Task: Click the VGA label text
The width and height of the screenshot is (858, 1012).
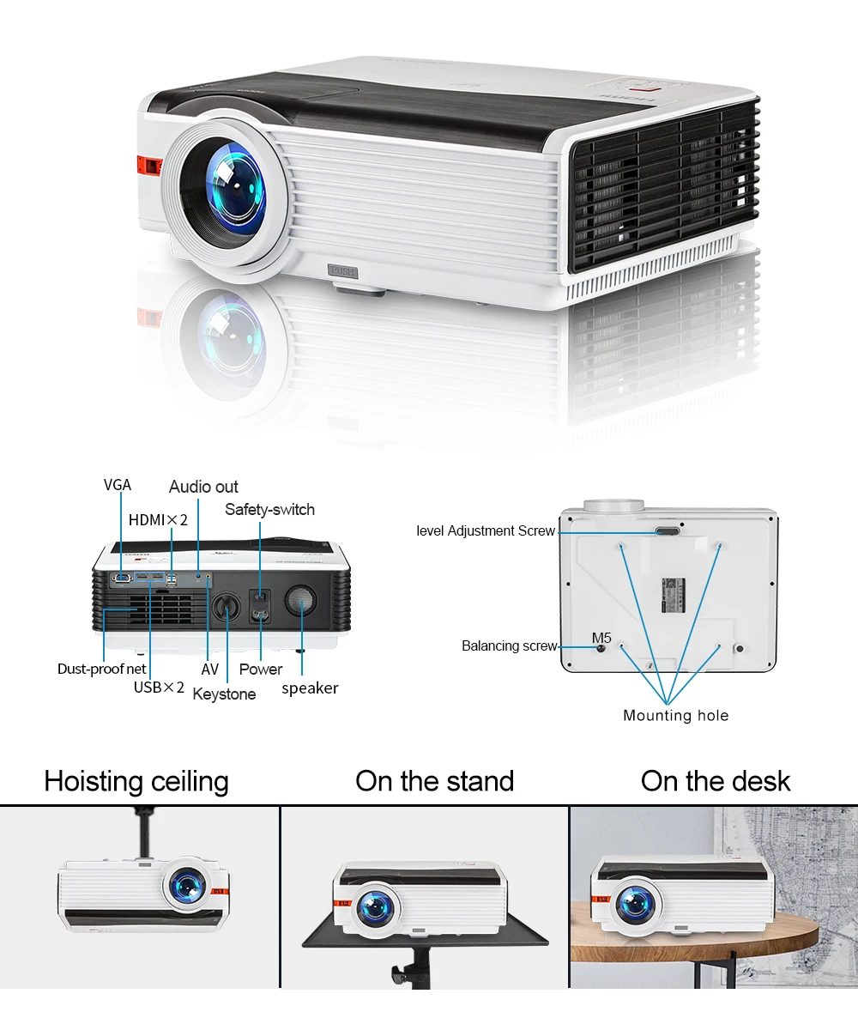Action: pos(118,485)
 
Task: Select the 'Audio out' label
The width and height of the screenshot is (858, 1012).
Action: pos(203,487)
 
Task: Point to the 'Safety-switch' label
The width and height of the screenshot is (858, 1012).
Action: pos(269,509)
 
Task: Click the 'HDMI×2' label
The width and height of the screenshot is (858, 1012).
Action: pos(158,519)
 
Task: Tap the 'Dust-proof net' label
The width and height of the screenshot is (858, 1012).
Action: pos(101,669)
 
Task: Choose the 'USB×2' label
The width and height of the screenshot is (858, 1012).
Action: pos(159,687)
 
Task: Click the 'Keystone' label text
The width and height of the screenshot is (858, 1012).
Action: pos(224,694)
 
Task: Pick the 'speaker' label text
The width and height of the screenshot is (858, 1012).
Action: pos(310,688)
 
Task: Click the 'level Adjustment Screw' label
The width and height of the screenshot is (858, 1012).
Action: pos(486,530)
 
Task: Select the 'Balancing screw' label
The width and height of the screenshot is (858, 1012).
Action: pos(510,645)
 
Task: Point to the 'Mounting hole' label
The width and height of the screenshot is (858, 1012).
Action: pos(675,715)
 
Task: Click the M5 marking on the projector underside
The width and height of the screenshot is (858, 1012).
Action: pos(601,638)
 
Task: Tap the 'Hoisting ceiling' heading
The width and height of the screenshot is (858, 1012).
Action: pos(136,781)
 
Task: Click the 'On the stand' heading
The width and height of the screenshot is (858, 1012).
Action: pos(434,781)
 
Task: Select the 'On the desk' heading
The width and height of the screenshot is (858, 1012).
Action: pos(716,781)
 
